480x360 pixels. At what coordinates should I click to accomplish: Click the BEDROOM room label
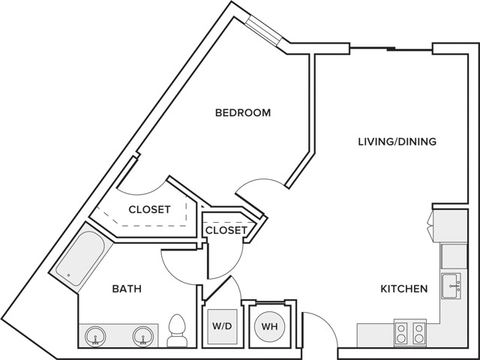click(x=243, y=112)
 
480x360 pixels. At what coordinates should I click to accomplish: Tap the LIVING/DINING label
click(x=397, y=142)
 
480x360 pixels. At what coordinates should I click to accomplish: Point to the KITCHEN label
click(x=403, y=289)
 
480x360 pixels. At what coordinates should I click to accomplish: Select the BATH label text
click(x=127, y=289)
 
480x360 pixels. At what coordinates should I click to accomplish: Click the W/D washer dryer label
click(x=222, y=326)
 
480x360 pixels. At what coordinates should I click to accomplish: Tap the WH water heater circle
click(x=270, y=326)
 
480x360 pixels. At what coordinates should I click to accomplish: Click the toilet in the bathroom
click(x=177, y=331)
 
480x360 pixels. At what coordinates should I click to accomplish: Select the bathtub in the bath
click(x=80, y=258)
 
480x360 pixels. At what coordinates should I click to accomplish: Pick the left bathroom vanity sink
click(x=95, y=337)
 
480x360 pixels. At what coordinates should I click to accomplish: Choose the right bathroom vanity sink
click(x=143, y=337)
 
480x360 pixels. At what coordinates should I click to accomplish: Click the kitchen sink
click(x=451, y=286)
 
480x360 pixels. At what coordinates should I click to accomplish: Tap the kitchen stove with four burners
click(x=410, y=333)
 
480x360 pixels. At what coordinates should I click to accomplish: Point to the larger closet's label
click(x=149, y=209)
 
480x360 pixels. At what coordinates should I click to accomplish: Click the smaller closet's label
click(x=226, y=230)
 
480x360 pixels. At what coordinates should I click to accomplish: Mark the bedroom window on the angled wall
click(x=263, y=31)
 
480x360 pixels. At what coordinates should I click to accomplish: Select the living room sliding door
click(x=391, y=49)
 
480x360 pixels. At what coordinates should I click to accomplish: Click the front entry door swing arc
click(x=325, y=322)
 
